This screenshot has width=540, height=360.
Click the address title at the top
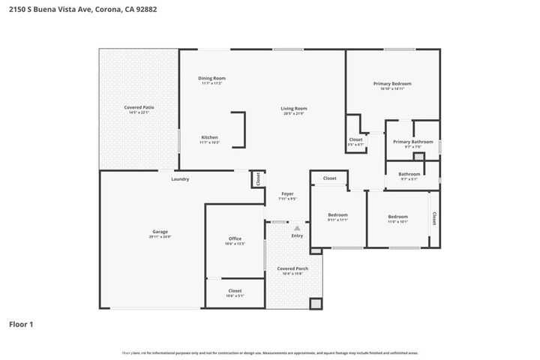tap(82, 10)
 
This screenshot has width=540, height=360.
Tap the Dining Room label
tap(211, 79)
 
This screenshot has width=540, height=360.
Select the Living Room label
tap(294, 109)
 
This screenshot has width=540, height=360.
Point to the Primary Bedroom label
tap(392, 84)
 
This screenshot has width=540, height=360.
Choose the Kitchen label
tap(209, 138)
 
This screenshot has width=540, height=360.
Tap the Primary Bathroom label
tap(412, 142)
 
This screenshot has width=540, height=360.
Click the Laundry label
tap(180, 179)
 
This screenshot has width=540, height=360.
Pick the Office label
tap(235, 239)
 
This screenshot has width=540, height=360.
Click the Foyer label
tap(287, 194)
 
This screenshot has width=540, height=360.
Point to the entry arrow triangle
tap(297, 227)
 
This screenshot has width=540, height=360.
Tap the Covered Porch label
tap(292, 268)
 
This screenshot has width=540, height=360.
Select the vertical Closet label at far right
tap(433, 217)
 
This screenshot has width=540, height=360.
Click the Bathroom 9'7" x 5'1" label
tap(409, 175)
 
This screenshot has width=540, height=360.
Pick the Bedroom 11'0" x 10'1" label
tap(397, 217)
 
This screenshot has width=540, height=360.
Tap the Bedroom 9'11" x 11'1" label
tap(337, 215)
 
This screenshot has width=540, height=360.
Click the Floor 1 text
tap(21, 325)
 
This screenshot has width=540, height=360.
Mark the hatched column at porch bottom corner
tap(315, 304)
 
